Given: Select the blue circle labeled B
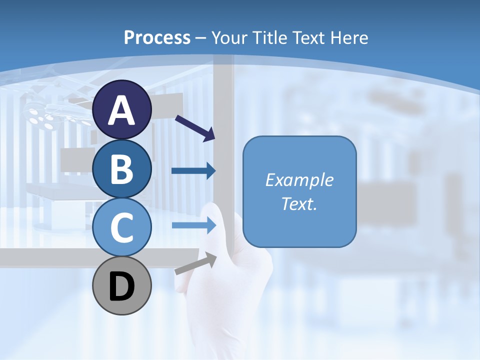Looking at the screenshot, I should coord(122,169).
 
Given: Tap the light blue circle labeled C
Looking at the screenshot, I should coord(122,227).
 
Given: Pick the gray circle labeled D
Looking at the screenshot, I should coord(122,285).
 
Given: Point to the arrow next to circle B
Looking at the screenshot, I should coord(193,171).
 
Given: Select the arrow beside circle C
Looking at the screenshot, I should coord(194,225).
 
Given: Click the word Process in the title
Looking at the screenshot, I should coord(157,37).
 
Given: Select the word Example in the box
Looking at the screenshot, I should coord(299,180).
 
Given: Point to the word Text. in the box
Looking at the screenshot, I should coord(299,203).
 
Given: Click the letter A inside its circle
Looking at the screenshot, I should coord(122,110).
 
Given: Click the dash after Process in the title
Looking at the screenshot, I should coord(201,38).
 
